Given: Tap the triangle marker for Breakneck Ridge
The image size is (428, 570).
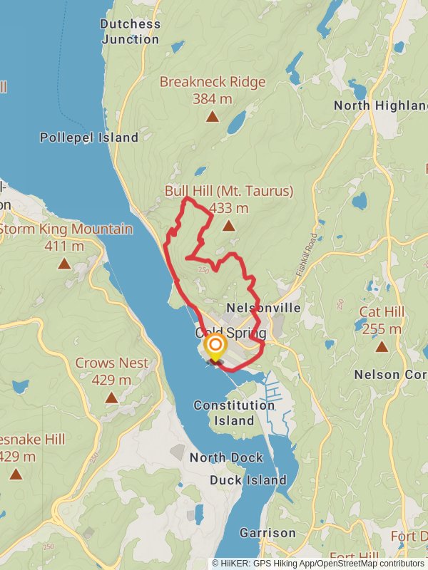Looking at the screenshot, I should (x=212, y=117).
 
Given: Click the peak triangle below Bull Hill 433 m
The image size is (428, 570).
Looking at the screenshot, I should (x=228, y=226).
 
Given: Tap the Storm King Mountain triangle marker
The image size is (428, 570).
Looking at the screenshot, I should (x=64, y=264).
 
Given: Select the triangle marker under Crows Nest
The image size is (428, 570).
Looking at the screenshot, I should (x=111, y=397).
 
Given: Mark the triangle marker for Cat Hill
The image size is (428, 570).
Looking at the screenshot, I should (x=381, y=347).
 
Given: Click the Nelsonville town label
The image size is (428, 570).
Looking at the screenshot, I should (x=263, y=308).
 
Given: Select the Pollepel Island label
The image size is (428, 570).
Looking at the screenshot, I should (x=89, y=138).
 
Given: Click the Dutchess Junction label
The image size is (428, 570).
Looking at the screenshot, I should (x=130, y=31).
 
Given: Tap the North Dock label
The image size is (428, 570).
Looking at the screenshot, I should (x=226, y=457).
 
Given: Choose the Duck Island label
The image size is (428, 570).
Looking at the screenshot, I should (x=248, y=480).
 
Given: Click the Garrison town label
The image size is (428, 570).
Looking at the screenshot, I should (x=267, y=533).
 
